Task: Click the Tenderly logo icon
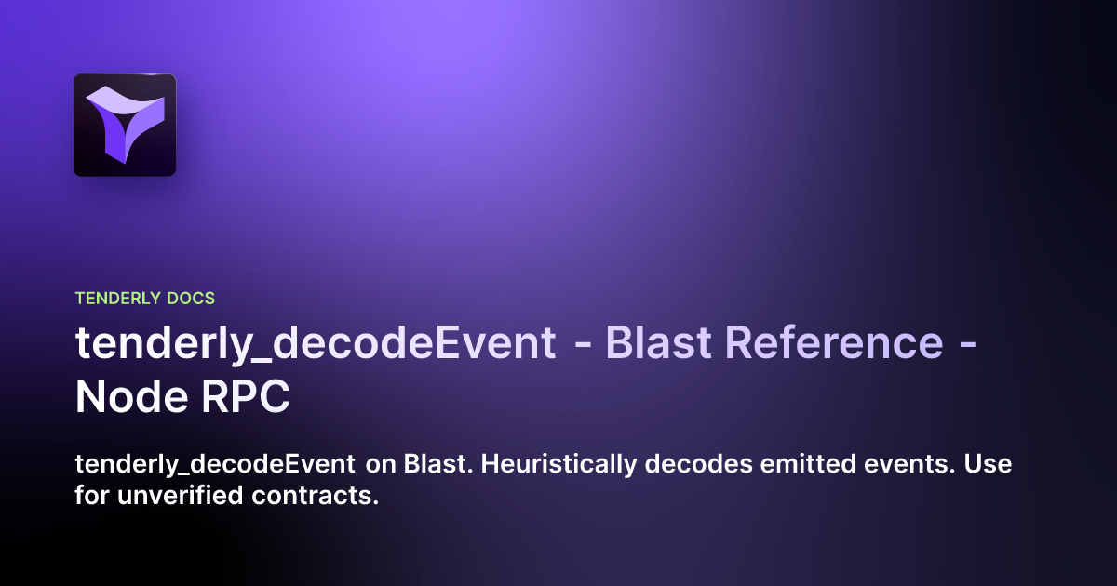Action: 125,125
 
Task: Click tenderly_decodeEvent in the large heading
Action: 316,343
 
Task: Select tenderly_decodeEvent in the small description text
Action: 214,464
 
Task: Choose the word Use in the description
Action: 989,464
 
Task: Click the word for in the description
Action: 92,496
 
